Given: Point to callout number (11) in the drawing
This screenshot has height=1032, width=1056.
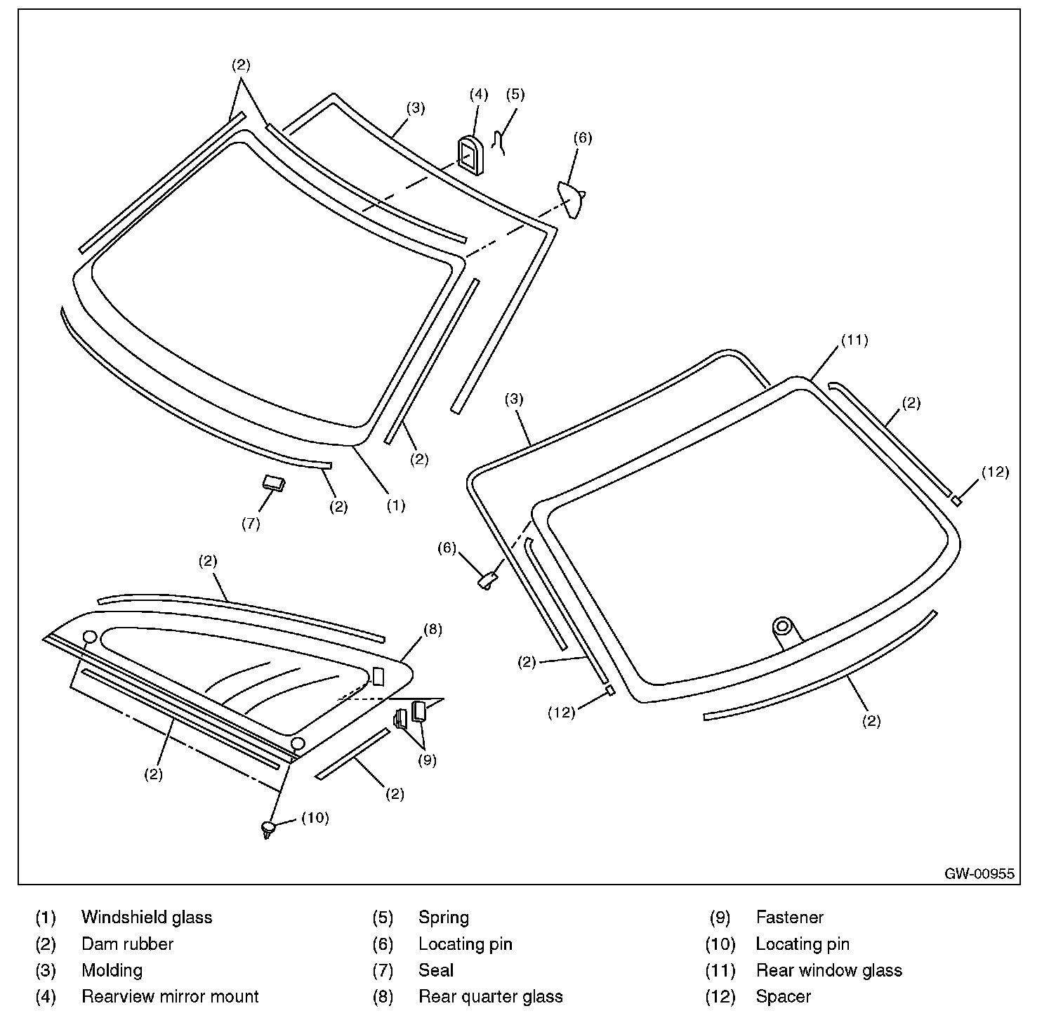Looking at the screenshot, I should coord(854,340).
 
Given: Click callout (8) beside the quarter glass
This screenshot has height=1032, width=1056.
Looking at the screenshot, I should coord(433,630).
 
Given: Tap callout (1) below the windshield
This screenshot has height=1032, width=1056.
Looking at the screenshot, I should coord(396,505).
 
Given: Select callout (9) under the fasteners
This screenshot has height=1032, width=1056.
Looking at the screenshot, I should coord(427,759).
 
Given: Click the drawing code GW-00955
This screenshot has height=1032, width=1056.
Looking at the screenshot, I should coord(979,874).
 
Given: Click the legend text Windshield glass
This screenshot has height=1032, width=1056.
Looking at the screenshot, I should coord(147,918).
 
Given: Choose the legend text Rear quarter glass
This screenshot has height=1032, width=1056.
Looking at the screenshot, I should coord(490,996).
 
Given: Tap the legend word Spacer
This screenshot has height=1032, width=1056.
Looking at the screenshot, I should coord(783,996).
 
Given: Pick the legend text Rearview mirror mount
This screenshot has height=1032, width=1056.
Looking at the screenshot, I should coord(170,996).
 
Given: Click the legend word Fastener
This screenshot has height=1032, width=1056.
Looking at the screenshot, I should coord(789,918).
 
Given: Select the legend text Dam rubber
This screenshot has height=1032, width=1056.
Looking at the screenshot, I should coord(127,944).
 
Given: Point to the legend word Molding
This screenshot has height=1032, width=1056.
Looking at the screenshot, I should coord(112,970).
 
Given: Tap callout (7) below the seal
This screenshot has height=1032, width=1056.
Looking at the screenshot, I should coord(251,524).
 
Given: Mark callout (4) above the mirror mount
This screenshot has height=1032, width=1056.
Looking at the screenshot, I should coord(478,94).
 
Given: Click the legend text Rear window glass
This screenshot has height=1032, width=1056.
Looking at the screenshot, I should coord(829,970).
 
